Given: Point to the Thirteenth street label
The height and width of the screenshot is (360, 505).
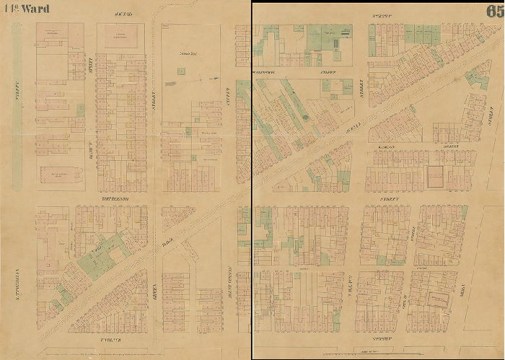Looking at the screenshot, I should click(113, 197).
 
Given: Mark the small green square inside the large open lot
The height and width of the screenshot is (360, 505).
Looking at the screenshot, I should click(180, 70).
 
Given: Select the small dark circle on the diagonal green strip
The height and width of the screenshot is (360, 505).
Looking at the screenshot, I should click(305, 115).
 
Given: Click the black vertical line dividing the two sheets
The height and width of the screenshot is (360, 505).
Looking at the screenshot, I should click(252, 180).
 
